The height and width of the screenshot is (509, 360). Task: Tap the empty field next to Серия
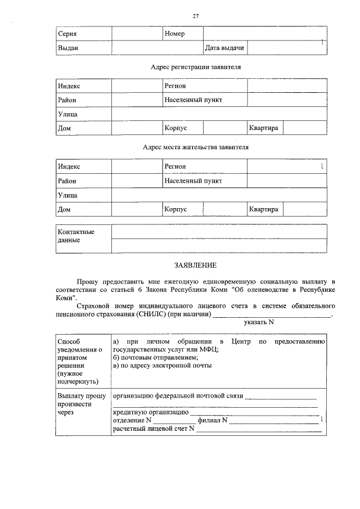click(137, 34)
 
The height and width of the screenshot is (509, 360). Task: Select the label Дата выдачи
click(224, 48)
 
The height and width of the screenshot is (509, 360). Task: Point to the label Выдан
click(68, 48)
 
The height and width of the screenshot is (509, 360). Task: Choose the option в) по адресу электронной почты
click(162, 365)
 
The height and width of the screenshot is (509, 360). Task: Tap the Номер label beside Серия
click(174, 34)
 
